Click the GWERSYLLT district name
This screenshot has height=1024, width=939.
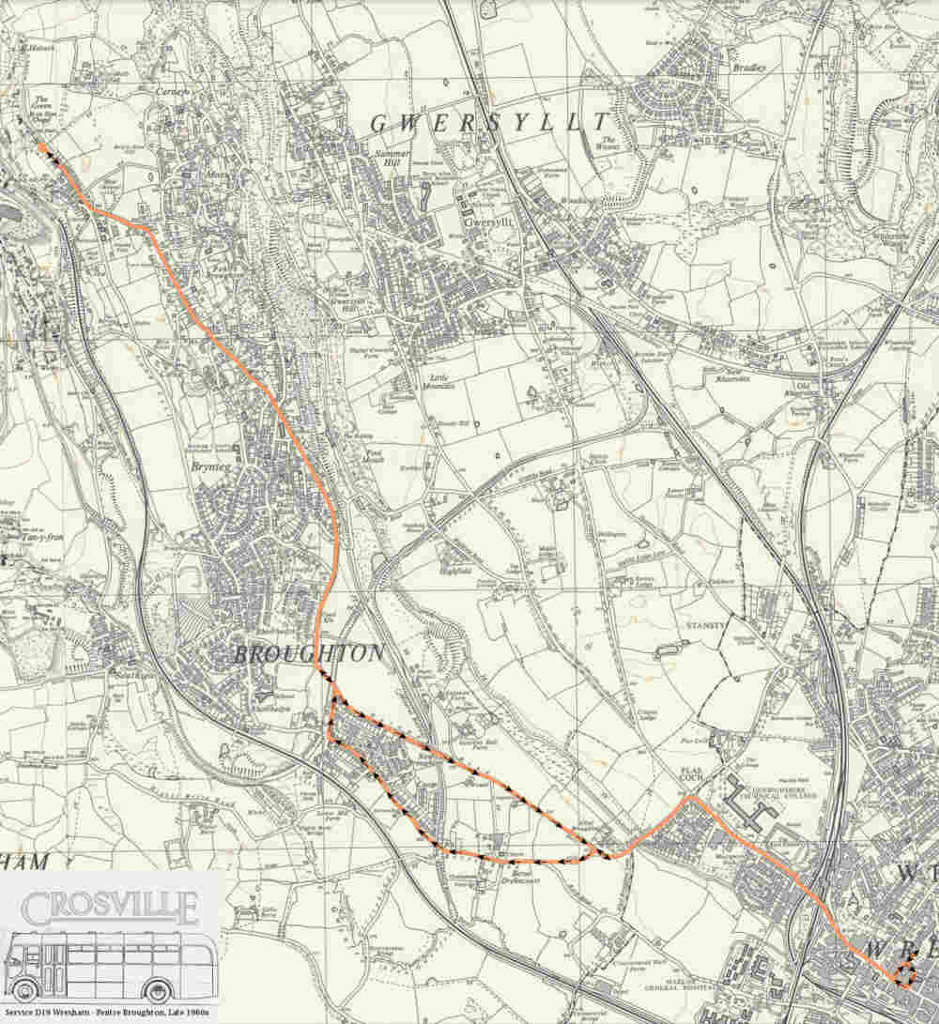[489, 123]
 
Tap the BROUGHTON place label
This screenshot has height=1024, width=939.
[309, 653]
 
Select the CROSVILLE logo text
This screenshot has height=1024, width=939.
[111, 909]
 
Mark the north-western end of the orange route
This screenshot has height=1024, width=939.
[41, 146]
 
